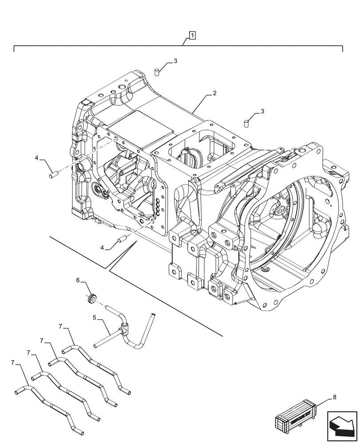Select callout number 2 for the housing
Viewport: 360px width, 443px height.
pyautogui.click(x=214, y=93)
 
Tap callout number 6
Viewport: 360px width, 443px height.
pyautogui.click(x=78, y=280)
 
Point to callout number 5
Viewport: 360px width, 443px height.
pyautogui.click(x=94, y=317)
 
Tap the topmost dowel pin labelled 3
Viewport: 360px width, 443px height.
pyautogui.click(x=157, y=71)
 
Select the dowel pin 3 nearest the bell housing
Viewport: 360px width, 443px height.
pyautogui.click(x=246, y=123)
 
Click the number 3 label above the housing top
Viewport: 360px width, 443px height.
pyautogui.click(x=175, y=61)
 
